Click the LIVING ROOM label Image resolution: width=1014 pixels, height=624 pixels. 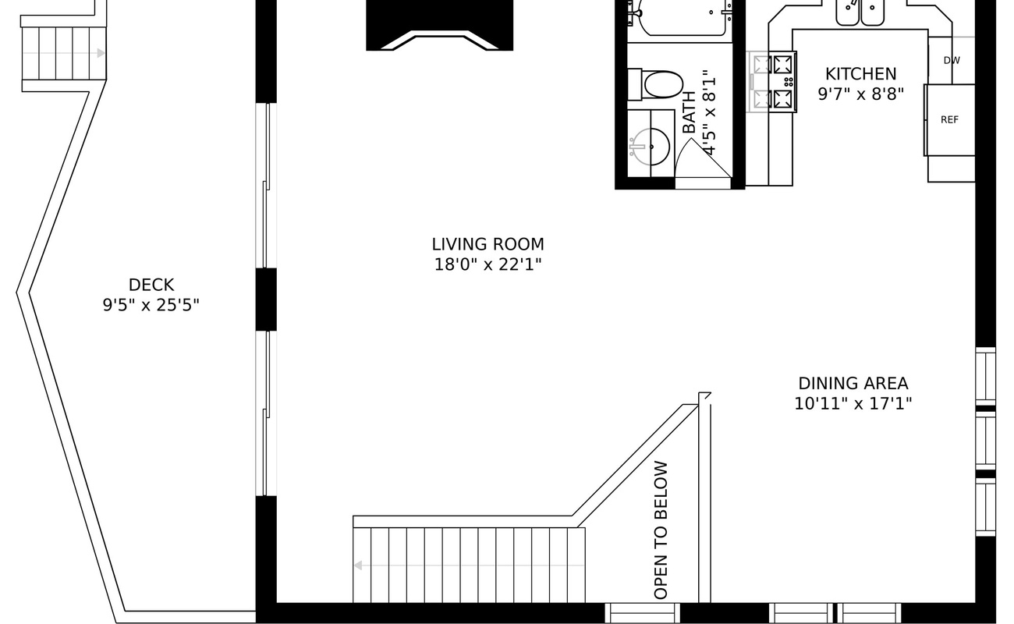[487, 244]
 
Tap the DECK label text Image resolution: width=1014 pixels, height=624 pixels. [151, 285]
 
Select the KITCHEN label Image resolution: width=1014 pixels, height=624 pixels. [860, 74]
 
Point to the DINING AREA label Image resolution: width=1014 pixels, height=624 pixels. [853, 384]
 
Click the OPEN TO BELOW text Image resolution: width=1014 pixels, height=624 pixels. [661, 530]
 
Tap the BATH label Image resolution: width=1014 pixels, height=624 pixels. [690, 112]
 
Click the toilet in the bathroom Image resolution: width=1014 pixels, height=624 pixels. [658, 84]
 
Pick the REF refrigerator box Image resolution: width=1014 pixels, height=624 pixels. [949, 120]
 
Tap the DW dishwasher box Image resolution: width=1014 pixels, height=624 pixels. [951, 60]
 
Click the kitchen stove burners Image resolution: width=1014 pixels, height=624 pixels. [774, 81]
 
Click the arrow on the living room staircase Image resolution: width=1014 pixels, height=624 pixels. [358, 565]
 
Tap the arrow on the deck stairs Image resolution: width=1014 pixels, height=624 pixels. [100, 53]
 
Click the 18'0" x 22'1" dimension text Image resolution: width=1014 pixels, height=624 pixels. [487, 264]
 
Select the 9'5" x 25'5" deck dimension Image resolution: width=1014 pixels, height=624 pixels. [151, 305]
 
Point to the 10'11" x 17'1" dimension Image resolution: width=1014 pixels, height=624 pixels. [853, 404]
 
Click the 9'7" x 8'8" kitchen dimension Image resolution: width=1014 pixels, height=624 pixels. [860, 94]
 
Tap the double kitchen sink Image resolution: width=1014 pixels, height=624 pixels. [860, 12]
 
